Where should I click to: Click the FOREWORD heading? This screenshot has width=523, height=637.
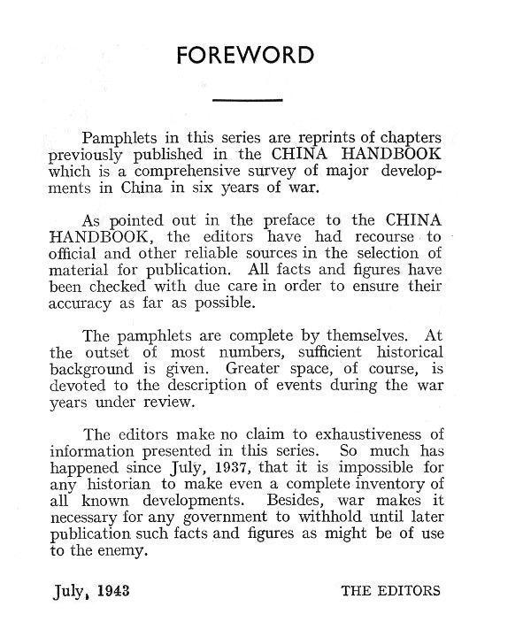(x=245, y=56)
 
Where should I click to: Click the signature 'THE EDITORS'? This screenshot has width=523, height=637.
(x=390, y=589)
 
